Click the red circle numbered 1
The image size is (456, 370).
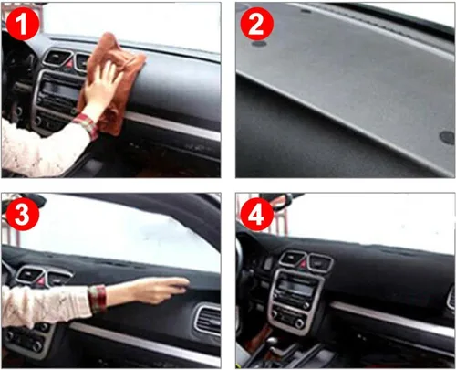[23, 24]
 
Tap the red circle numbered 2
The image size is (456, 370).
[257, 24]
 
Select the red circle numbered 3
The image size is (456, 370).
[23, 214]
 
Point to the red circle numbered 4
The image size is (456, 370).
[257, 214]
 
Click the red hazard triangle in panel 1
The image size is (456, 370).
[69, 64]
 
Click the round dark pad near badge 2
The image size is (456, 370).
[259, 44]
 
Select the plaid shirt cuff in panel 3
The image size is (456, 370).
[98, 299]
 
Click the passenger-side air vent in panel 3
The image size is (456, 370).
[207, 319]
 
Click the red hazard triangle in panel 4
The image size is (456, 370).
[305, 264]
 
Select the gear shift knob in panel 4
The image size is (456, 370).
[272, 341]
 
